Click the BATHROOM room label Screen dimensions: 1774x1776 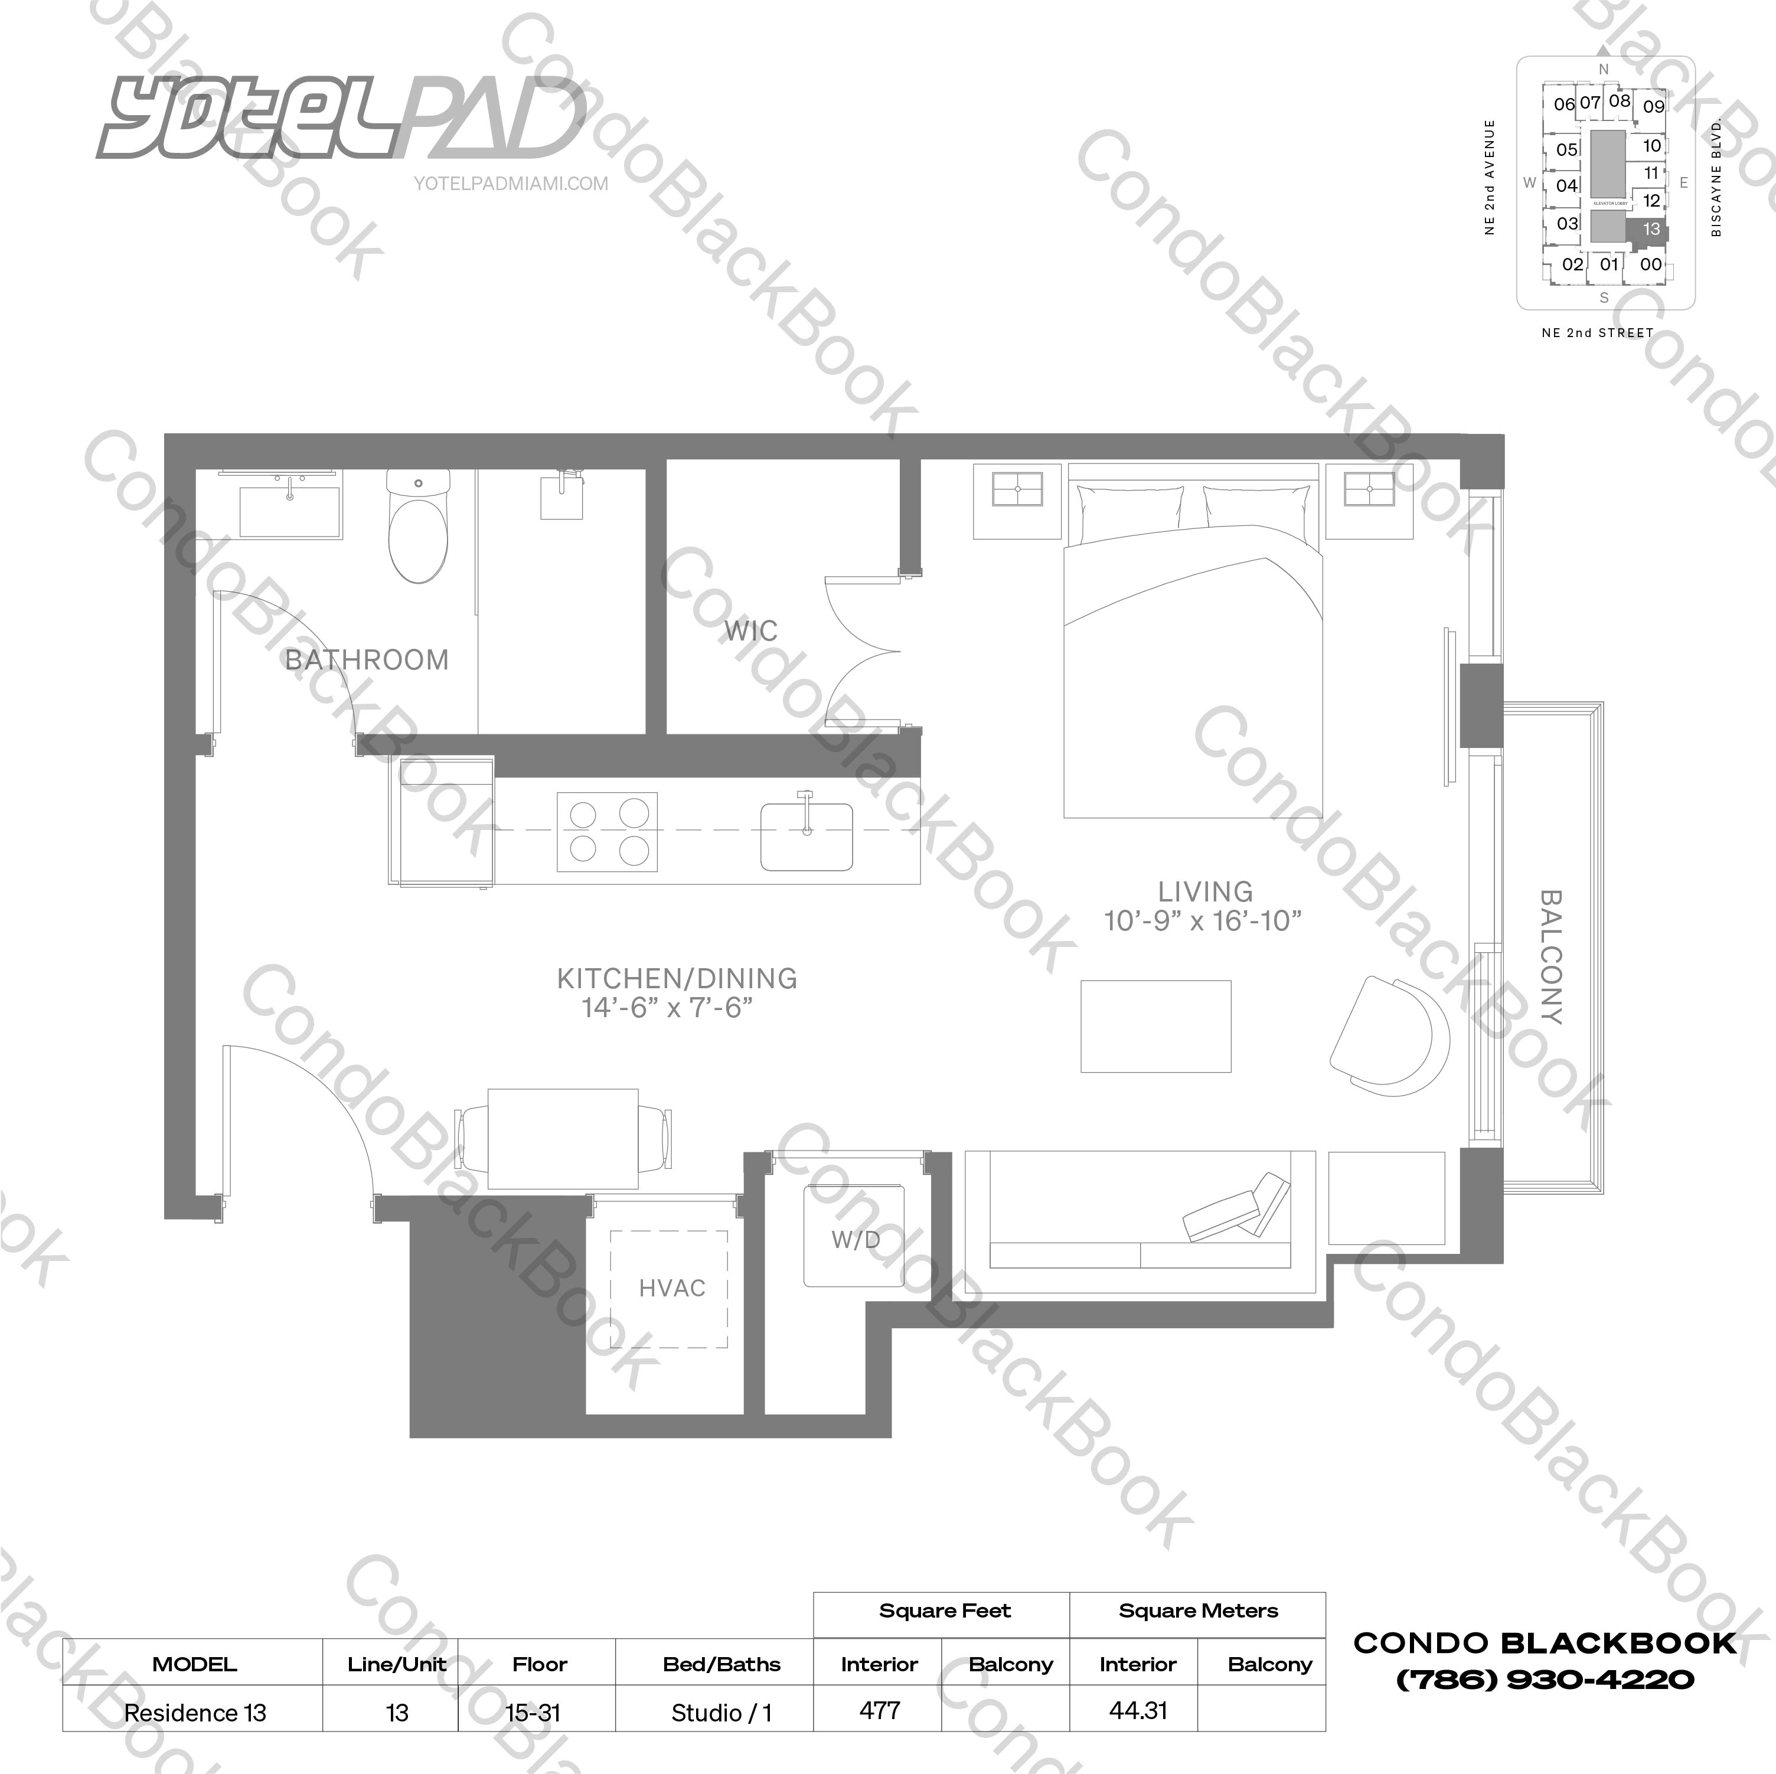coord(367,660)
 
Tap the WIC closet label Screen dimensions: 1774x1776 coord(751,632)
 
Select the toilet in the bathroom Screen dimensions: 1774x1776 coord(418,533)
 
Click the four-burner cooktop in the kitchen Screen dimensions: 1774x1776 coord(608,832)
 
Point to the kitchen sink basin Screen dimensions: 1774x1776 coord(806,837)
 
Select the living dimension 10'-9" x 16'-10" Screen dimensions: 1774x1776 coord(1203,921)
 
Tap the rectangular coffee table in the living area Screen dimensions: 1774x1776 coord(1155,1026)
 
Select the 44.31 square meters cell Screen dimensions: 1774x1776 coord(1137,1711)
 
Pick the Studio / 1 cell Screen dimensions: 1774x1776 coord(722,1713)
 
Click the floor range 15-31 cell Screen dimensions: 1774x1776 coord(533,1713)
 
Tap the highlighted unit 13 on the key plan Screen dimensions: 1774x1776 coord(1651,229)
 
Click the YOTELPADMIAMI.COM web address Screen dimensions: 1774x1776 coord(511,184)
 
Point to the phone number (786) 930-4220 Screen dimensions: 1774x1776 coord(1545,1680)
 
